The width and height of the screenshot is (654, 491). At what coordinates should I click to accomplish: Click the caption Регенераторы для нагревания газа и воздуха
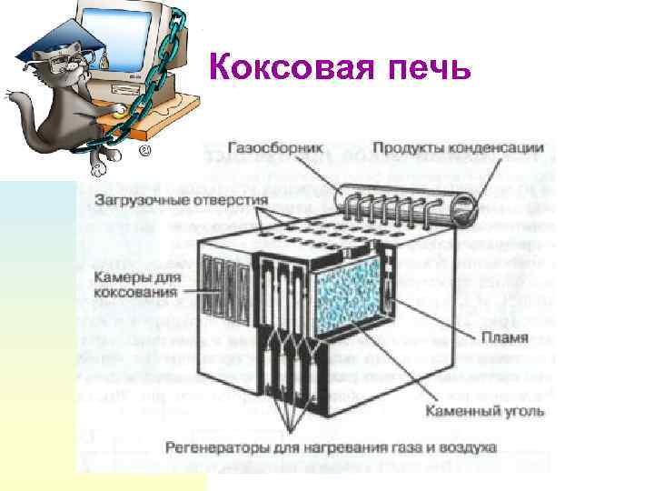331,448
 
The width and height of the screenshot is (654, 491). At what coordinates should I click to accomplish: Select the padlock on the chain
104,61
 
